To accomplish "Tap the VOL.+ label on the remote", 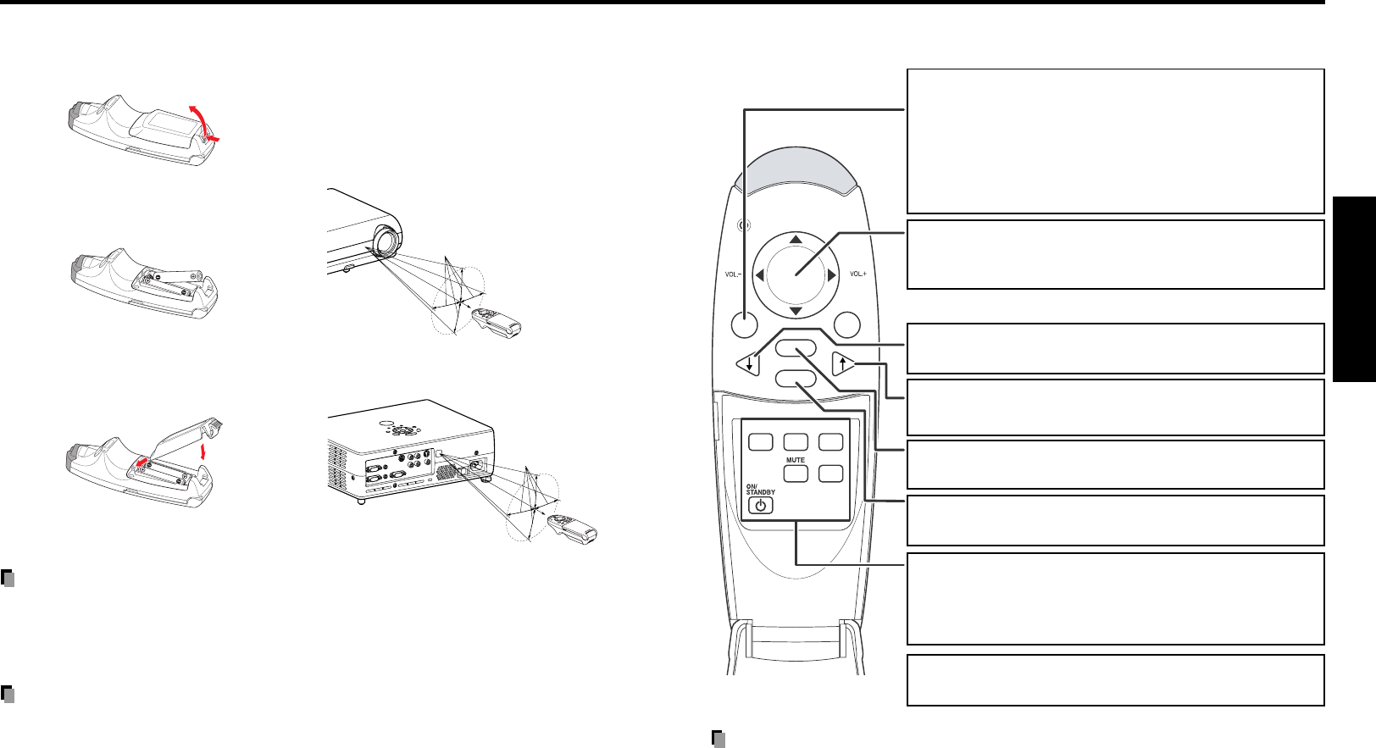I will [857, 274].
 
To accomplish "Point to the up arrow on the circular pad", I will [796, 240].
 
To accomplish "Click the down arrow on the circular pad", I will [796, 311].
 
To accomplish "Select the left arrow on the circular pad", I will [760, 274].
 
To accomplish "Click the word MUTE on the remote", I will [795, 460].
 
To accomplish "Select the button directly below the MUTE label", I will [795, 474].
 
